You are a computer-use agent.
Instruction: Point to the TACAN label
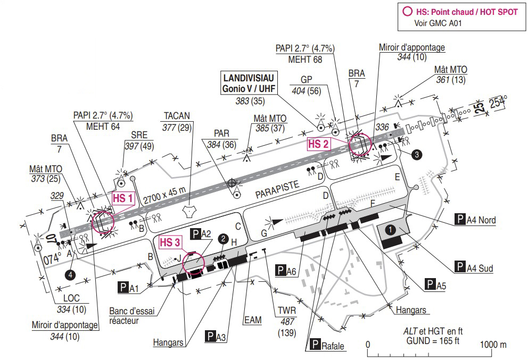click(177, 115)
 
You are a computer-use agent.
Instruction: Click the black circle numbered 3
click(418, 154)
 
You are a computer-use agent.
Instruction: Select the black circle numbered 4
click(70, 274)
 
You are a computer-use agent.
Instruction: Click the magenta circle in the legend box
click(408, 12)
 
